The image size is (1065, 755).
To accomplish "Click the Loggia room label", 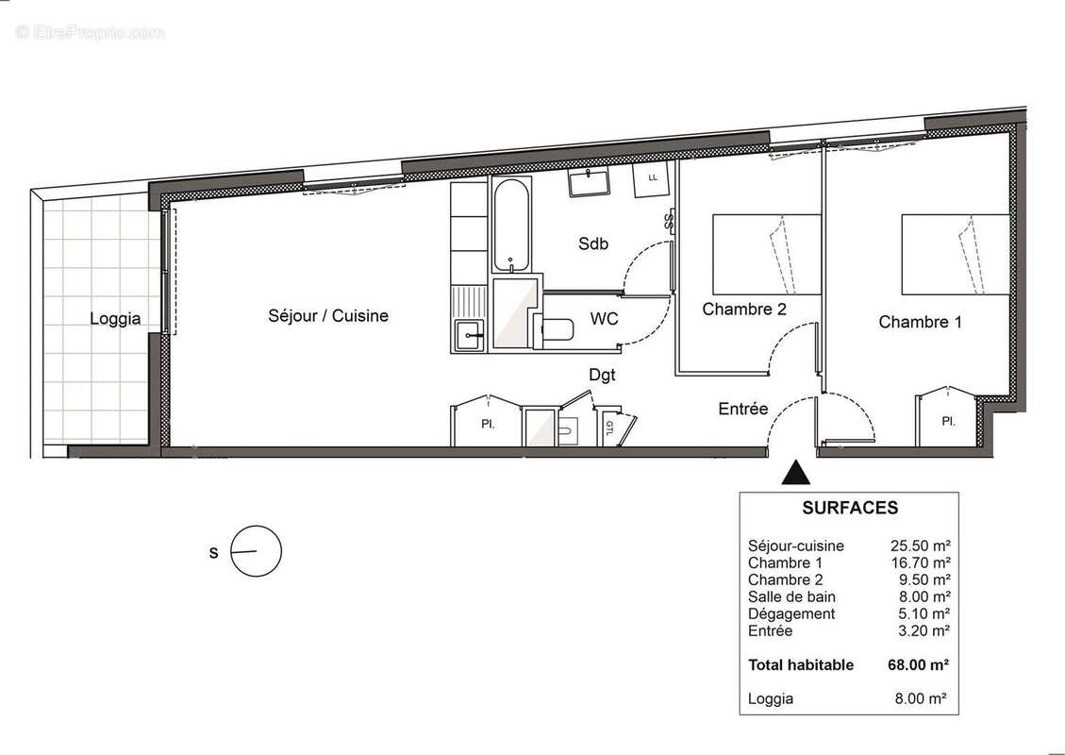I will click(x=115, y=319).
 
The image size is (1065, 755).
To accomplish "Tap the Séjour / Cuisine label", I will click(x=327, y=316).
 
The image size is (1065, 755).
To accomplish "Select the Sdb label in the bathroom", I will click(x=593, y=243).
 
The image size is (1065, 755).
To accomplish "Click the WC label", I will click(x=604, y=319).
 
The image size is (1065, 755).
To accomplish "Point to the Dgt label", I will click(x=602, y=375).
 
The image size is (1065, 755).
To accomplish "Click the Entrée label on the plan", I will click(x=743, y=409).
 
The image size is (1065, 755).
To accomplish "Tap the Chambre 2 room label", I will click(x=744, y=309).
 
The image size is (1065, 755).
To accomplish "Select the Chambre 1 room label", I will click(x=920, y=322).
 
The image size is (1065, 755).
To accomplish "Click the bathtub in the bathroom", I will click(x=510, y=224).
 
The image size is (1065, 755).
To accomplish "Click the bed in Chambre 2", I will click(x=766, y=253).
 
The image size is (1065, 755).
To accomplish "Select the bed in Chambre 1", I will click(x=955, y=253).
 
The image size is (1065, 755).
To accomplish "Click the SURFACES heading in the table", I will click(x=849, y=508).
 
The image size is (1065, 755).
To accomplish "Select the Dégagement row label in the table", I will click(x=790, y=613).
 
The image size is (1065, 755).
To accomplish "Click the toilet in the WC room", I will click(x=556, y=329).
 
